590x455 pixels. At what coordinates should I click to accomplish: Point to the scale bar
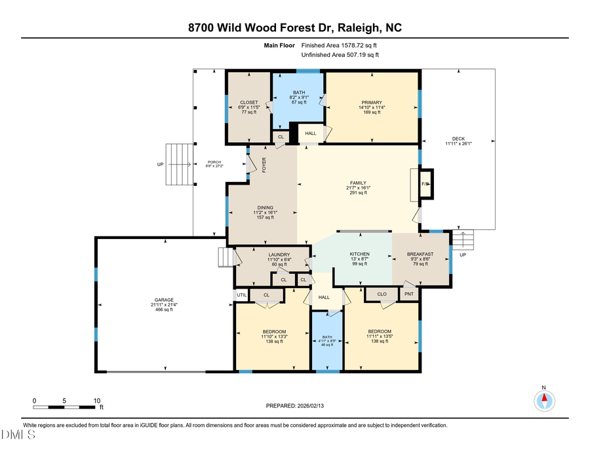tap(65, 407)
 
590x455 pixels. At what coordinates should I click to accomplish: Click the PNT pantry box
tap(409, 294)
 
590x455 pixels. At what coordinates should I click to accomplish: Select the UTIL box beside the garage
tap(241, 295)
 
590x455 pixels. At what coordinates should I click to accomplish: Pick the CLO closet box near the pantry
tap(382, 294)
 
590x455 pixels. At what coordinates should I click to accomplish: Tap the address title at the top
tap(294, 27)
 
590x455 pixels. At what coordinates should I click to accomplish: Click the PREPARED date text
tap(294, 406)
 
